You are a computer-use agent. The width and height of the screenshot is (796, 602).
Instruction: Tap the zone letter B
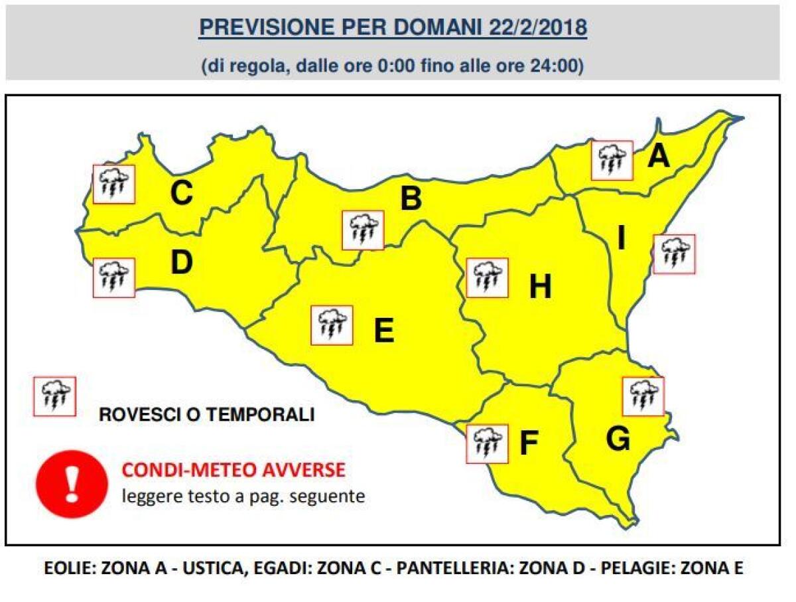coord(411,198)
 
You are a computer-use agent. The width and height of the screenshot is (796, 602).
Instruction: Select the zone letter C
coord(181,194)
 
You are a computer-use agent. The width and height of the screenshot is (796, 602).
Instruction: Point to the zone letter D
coord(180,263)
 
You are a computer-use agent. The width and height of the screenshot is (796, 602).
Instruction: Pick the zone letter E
coord(384,330)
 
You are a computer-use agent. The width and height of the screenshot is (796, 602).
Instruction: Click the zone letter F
coord(528,444)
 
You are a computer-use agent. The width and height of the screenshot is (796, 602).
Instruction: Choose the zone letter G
coord(618,439)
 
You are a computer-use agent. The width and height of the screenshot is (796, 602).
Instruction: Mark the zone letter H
coord(541,287)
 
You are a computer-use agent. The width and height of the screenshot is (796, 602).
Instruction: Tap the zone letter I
coord(622,239)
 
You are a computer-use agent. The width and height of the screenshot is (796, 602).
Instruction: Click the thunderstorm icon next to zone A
coord(612,160)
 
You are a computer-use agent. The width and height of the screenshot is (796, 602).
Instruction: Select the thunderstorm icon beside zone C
coord(114,184)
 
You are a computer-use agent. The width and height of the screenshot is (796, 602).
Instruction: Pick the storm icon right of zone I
coord(675,254)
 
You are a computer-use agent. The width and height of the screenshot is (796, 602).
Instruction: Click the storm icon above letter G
coord(643,396)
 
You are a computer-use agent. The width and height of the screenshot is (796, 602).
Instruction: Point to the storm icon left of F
coord(488,443)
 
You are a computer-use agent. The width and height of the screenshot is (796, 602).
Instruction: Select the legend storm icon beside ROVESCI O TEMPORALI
coord(54,396)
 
